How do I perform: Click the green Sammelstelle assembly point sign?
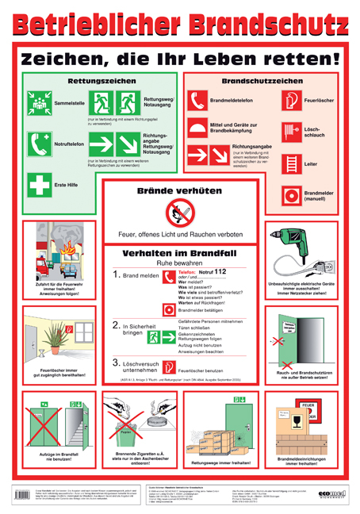tap(39, 103)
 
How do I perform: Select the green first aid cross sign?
tap(39, 186)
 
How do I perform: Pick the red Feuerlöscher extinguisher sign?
tap(291, 101)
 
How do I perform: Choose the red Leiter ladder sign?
tap(291, 163)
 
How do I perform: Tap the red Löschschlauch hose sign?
tap(291, 131)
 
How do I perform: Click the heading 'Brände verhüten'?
tap(180, 191)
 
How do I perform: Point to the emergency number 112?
tap(220, 271)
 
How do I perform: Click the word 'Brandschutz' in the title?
tap(266, 23)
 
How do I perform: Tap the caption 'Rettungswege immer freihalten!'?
tap(220, 461)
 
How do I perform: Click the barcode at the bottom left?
tap(21, 497)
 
